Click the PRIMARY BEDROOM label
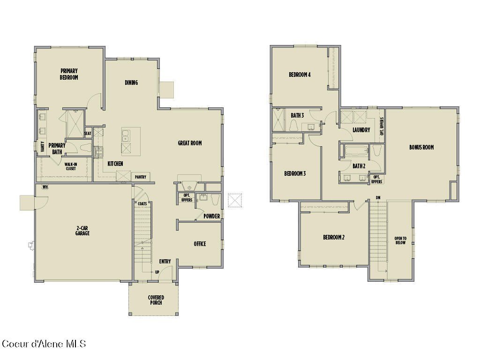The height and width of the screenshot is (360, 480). pos(69,74)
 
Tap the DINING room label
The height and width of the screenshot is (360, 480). pos(131,83)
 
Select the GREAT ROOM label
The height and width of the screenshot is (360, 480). pos(190,143)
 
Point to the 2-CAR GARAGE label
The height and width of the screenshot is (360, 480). pos(82,231)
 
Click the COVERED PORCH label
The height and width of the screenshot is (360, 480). pos(156,300)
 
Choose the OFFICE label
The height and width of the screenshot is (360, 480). pos(200,244)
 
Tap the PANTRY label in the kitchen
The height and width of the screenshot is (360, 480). pos(140,177)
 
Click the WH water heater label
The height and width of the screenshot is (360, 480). pos(45,187)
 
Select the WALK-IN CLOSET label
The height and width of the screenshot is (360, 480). pos(71,166)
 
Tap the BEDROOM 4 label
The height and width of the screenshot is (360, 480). pos(300,75)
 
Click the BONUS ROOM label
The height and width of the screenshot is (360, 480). pos(421,147)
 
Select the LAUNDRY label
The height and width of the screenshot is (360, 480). pos(361,130)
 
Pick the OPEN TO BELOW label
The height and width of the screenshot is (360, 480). pos(400,240)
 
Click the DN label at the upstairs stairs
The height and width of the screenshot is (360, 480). pos(378,197)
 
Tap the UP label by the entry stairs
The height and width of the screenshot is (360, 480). pos(157,272)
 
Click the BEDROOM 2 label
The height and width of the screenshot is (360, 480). pos(334,237)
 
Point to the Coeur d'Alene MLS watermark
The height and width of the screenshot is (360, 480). pos(44,344)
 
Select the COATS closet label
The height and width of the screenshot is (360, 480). pos(142,204)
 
